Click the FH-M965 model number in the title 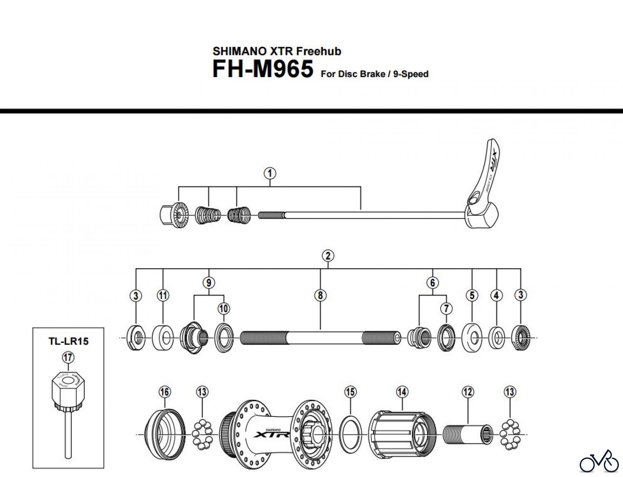[x=263, y=69]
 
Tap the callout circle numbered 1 [x=270, y=173]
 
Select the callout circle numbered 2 [x=328, y=256]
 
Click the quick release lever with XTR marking [x=485, y=180]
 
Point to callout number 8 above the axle [x=320, y=295]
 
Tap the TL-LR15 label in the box [x=69, y=341]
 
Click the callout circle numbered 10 [x=224, y=308]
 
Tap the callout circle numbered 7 [x=446, y=308]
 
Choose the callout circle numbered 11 [x=163, y=295]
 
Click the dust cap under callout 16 [x=164, y=434]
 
